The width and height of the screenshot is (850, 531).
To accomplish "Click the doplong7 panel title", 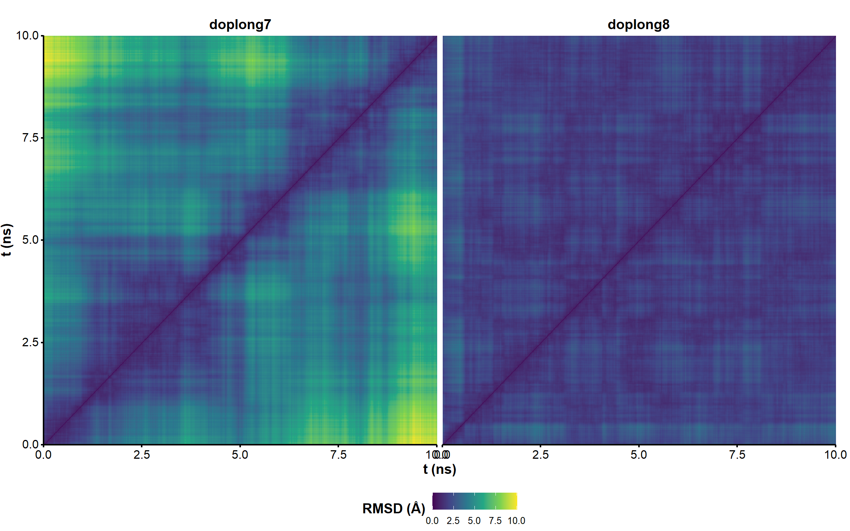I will click(x=240, y=25).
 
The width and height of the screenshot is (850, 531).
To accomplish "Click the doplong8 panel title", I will click(x=638, y=25).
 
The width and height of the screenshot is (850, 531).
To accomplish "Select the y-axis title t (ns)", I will click(x=7, y=240).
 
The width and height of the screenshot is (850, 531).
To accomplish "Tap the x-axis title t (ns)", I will click(x=439, y=469).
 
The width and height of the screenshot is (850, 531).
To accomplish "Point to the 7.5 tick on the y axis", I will click(x=30, y=138).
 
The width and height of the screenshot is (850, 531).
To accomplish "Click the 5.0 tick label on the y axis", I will click(x=30, y=240).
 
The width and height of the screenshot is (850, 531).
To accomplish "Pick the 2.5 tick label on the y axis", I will click(x=30, y=342).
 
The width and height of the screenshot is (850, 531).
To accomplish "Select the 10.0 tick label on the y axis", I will click(x=27, y=36).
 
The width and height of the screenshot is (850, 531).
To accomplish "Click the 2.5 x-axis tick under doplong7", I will click(x=142, y=455).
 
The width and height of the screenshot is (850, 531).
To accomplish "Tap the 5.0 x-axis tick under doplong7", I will click(x=240, y=455).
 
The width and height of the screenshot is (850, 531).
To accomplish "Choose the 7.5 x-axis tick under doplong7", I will click(x=338, y=455).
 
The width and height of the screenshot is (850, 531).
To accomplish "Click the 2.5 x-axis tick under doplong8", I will click(x=540, y=455).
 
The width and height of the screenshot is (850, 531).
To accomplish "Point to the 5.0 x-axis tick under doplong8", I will click(x=639, y=455).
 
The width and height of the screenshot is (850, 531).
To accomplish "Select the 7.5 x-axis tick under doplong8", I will click(x=737, y=455).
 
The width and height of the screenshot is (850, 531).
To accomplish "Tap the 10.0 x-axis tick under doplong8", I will click(x=835, y=455).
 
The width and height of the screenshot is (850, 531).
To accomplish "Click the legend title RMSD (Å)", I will click(x=394, y=509).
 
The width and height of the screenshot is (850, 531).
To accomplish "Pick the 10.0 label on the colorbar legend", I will click(x=516, y=521).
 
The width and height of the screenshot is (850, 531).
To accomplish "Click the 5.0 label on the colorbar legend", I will click(x=474, y=521).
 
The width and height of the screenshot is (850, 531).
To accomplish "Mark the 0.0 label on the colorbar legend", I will click(x=432, y=521).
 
